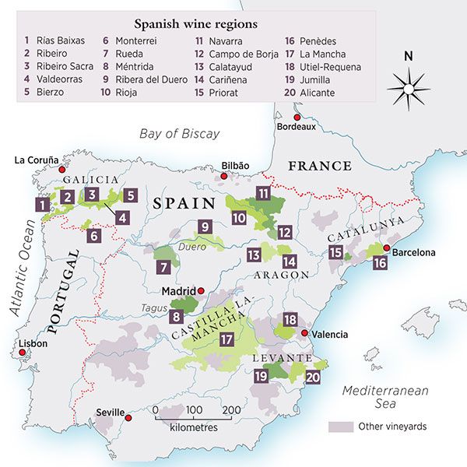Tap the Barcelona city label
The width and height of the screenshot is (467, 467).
click(x=415, y=253)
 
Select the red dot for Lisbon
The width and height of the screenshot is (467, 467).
click(x=23, y=353)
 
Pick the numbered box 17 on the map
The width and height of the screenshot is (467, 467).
click(x=227, y=339)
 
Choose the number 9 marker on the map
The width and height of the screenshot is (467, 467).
click(x=205, y=226)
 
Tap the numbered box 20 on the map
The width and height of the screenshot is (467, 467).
click(x=313, y=377)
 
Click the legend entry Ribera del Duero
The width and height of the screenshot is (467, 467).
click(x=149, y=79)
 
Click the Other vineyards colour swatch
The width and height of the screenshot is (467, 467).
click(x=339, y=427)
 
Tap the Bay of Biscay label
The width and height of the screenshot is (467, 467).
click(x=180, y=134)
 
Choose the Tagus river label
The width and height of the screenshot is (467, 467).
click(x=154, y=308)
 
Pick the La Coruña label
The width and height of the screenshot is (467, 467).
click(x=37, y=160)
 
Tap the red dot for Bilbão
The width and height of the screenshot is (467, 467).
click(x=225, y=177)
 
